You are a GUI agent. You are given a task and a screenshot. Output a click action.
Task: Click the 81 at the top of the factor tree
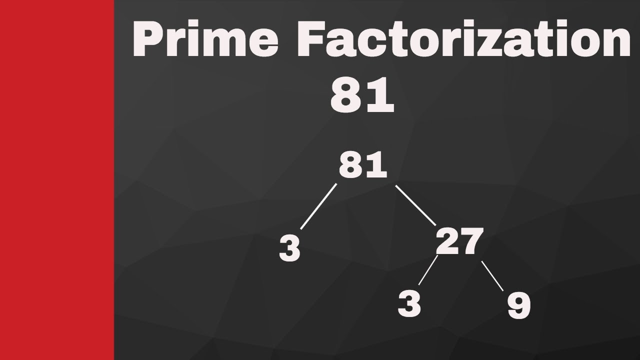click(363, 166)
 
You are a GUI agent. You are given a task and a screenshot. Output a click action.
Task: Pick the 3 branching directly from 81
click(290, 248)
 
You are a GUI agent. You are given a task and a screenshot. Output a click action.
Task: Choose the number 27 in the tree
click(459, 241)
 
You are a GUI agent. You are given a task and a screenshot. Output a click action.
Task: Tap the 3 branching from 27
click(409, 303)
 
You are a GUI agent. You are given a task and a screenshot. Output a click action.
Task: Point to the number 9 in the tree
click(518, 305)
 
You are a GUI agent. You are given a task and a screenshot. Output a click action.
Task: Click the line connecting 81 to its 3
click(318, 206)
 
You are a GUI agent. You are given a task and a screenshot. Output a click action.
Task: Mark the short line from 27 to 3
click(427, 270)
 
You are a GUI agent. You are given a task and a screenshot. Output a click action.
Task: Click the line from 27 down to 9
click(492, 276)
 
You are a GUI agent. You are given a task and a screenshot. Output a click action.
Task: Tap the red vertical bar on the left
click(56, 180)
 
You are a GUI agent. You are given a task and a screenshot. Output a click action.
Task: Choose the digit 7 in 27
click(471, 241)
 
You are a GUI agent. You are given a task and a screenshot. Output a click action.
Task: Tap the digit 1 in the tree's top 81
click(378, 166)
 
